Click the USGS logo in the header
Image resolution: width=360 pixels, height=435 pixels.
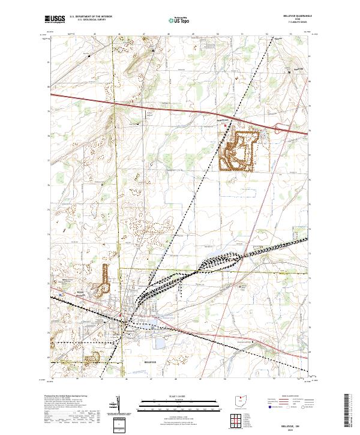55,19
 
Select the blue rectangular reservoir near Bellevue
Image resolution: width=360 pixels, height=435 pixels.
160,344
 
